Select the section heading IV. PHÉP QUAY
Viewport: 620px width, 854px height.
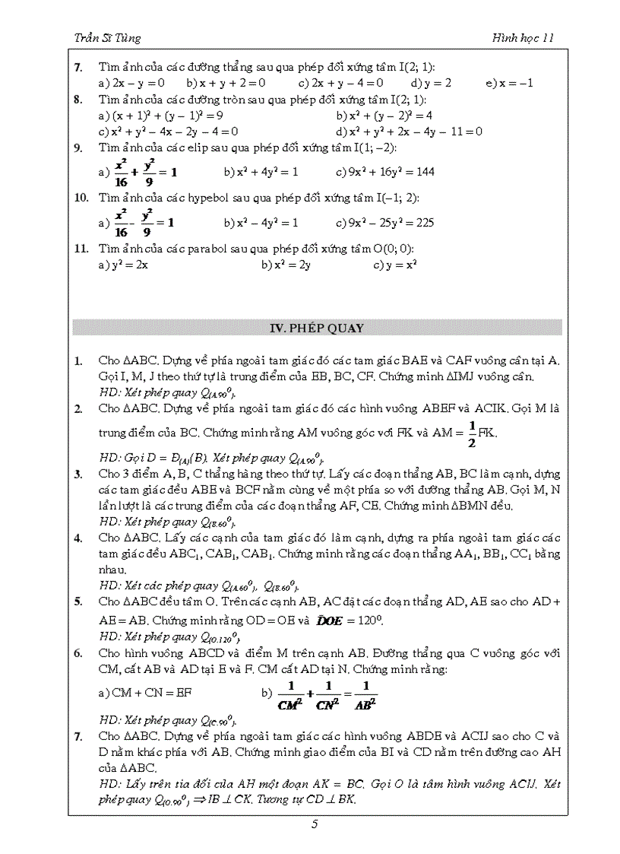(x=317, y=329)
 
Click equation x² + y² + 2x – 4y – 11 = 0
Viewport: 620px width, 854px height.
(x=415, y=131)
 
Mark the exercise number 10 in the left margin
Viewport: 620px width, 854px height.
(x=81, y=198)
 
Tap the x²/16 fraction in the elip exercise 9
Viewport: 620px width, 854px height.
(x=121, y=172)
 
